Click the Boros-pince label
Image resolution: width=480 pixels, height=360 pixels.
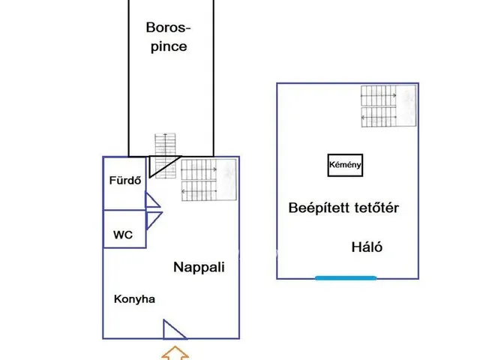[x=167, y=37]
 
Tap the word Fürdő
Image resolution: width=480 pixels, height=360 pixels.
[x=125, y=181]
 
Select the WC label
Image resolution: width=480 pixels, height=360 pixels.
[x=123, y=235]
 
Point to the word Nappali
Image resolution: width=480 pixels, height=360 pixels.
[x=199, y=266]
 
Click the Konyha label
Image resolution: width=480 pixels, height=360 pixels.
[x=134, y=299]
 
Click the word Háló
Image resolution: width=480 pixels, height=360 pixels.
[x=367, y=247]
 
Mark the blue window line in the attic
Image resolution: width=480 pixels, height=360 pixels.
[x=346, y=278]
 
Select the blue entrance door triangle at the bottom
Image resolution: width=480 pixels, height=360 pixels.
[x=173, y=330]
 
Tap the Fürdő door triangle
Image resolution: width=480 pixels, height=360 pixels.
[x=151, y=200]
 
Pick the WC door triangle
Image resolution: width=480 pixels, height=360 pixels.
[x=153, y=220]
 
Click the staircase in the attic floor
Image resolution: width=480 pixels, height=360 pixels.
[x=388, y=104]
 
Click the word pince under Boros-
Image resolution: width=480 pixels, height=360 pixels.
[x=168, y=46]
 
